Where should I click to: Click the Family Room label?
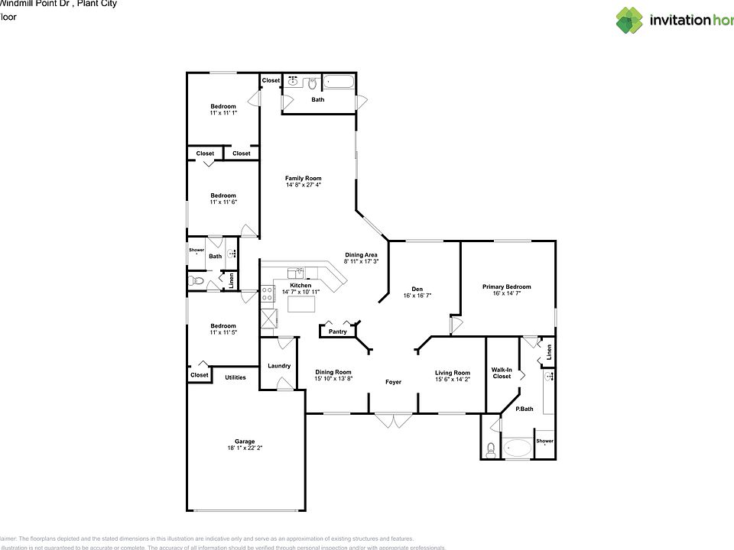point(304,178)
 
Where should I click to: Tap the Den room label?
point(417,288)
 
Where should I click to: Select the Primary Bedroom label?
point(506,287)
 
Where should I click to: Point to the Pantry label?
point(337,332)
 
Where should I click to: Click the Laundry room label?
point(279,366)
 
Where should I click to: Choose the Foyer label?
point(393,382)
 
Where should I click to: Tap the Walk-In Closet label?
point(502,372)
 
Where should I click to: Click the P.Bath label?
point(524,409)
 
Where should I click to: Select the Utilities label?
point(235,377)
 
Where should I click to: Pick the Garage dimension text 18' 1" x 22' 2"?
point(245,448)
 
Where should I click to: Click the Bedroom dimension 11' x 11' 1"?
point(223,113)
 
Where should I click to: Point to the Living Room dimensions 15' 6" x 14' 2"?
point(453,379)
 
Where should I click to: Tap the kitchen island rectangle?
point(301,304)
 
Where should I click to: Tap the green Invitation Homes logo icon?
point(630,20)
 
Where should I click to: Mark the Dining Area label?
point(361,255)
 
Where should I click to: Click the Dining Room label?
point(333,372)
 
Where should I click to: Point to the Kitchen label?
point(300,286)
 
